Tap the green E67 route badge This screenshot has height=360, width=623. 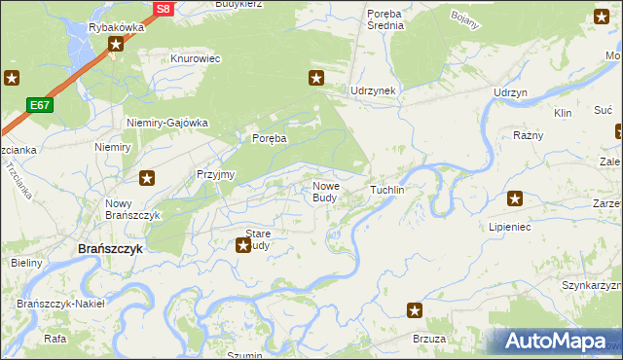pos(41,104)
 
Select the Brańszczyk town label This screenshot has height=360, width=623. pos(110,248)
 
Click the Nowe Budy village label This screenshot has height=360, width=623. pos(325,192)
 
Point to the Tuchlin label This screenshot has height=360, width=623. pos(386,190)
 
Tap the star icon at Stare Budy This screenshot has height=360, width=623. pos(243,245)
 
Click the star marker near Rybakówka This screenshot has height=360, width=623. pos(116,45)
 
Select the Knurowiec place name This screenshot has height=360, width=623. pos(196,59)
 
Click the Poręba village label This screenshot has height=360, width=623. pos(270,139)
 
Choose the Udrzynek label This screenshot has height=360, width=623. pos(373,90)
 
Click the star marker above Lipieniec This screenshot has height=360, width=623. pos(515,199)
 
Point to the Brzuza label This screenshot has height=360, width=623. pos(429,338)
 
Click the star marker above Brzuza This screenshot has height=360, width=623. pos(415,310)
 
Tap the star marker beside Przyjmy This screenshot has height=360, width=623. pos(147,178)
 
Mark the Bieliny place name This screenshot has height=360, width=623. pos(26,264)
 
